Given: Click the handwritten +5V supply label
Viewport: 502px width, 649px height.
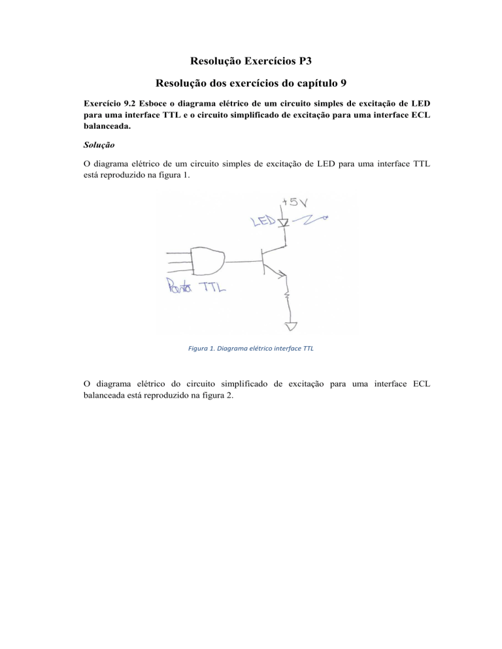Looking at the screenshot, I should tap(292, 202).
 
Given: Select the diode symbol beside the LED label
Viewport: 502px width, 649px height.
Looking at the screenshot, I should tap(283, 223).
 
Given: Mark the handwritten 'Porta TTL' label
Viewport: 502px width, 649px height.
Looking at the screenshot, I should tap(195, 287).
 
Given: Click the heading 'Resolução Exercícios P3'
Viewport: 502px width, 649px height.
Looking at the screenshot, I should tap(251, 63).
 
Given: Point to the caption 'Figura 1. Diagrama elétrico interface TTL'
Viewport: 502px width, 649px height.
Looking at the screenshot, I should tap(251, 349).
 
